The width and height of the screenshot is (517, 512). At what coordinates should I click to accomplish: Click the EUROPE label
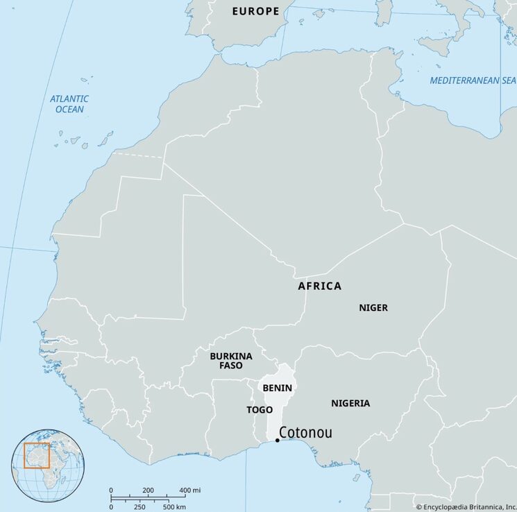255,11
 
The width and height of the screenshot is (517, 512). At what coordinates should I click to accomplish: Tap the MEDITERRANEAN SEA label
473,80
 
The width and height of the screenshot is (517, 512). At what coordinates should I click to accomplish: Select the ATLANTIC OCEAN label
69,104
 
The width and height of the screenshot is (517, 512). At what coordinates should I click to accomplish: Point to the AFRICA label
319,286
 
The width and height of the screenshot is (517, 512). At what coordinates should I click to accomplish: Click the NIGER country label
373,307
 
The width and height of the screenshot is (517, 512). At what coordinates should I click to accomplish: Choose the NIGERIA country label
350,403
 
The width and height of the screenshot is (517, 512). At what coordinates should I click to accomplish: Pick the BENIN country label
277,388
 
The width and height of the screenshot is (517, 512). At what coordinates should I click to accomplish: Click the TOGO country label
260,410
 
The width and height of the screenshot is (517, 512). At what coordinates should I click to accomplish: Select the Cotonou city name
305,434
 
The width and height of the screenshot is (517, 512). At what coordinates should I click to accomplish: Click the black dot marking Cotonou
278,440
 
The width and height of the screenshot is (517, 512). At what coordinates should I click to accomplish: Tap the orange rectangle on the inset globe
37,455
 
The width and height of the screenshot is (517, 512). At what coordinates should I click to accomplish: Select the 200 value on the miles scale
148,491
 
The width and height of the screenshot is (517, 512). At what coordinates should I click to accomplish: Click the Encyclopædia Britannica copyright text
465,506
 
